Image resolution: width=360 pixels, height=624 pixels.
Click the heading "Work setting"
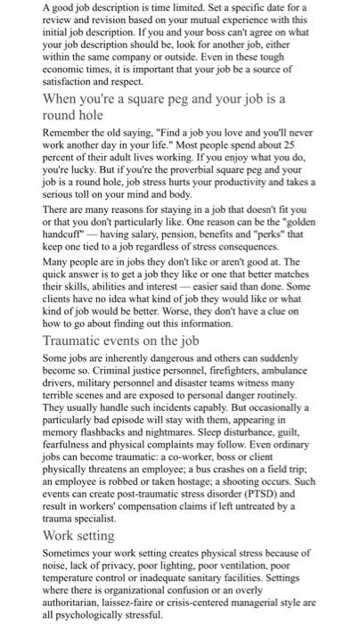[x=78, y=536]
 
